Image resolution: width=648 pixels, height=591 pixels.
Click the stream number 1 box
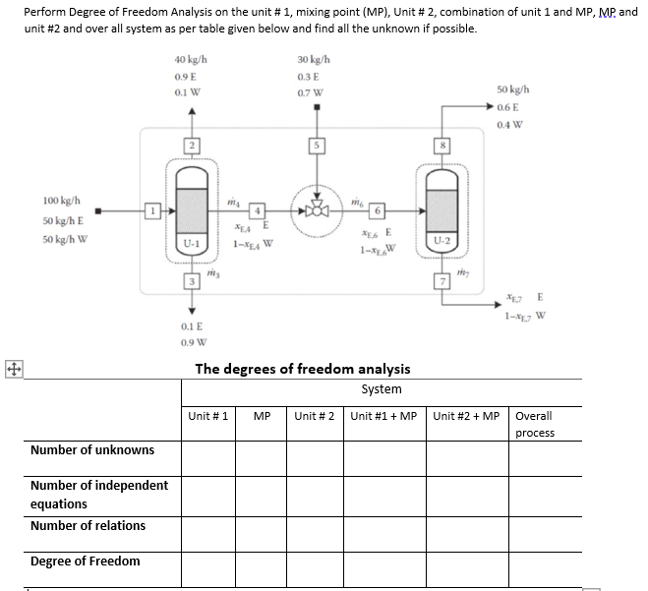click(151, 209)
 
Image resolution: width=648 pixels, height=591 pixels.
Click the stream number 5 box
click(317, 148)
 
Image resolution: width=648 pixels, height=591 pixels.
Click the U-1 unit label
click(193, 240)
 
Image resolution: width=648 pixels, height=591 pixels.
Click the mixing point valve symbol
click(317, 209)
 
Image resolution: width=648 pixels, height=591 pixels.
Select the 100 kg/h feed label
click(61, 200)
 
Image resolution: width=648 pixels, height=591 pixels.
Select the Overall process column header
click(534, 424)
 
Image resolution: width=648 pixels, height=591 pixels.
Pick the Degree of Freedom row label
click(86, 561)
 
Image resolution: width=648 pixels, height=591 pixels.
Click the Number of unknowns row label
click(92, 450)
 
